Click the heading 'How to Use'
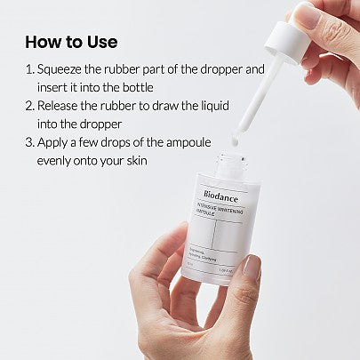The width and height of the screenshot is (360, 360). tap(71, 42)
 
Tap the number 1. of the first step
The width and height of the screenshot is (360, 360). tap(30, 68)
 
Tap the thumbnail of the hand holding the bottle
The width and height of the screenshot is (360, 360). tap(252, 268)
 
